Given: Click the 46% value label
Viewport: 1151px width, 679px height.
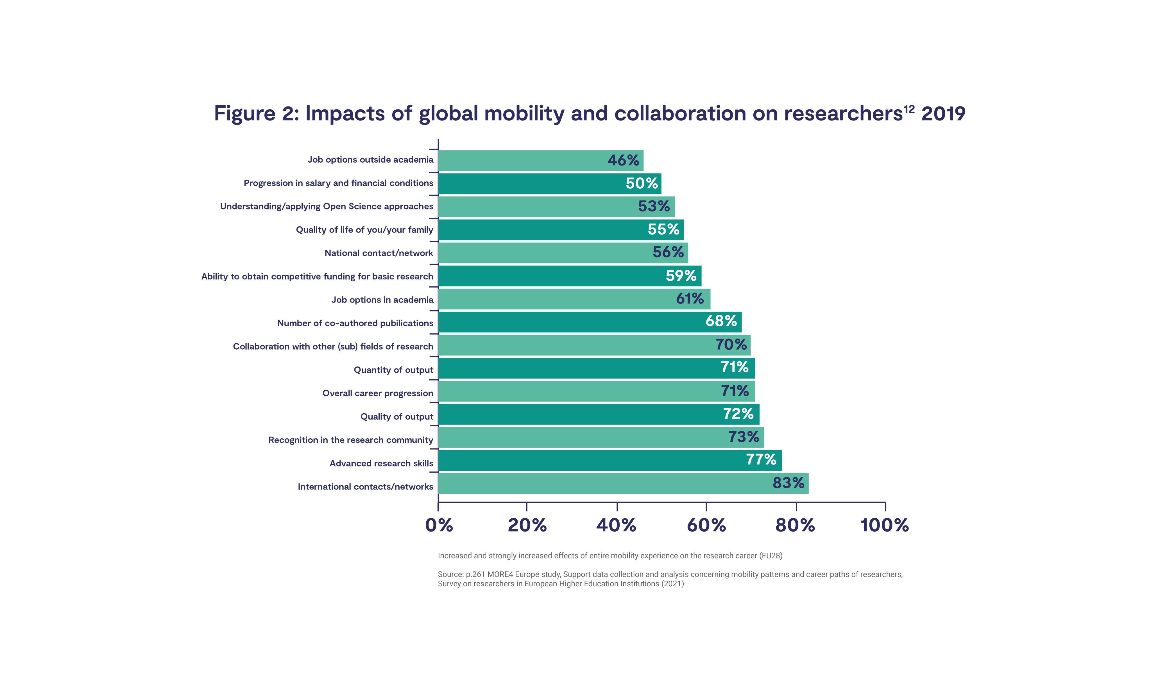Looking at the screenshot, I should (623, 160).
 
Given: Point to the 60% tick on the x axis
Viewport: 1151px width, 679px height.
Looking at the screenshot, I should (706, 525).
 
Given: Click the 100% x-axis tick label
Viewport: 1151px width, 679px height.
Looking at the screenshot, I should (884, 525).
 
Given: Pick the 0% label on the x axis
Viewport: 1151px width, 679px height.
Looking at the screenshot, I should (439, 525).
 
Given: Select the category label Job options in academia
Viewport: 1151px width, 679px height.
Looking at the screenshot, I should (382, 300).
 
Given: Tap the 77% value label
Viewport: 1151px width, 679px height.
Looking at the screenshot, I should (761, 459).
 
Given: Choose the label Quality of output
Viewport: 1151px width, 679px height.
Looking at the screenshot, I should (396, 416).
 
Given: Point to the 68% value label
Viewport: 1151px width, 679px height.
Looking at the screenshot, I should (721, 321).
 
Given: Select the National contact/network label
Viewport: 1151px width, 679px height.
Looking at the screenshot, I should (379, 253).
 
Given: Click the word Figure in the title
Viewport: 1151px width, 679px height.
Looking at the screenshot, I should (244, 113).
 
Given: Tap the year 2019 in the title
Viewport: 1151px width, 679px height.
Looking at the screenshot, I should (943, 113).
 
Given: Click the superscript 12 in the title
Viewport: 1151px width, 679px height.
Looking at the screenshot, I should (909, 109).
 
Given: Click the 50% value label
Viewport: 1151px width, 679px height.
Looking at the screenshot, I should (642, 183).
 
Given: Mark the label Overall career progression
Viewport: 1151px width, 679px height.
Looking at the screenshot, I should (377, 393).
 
